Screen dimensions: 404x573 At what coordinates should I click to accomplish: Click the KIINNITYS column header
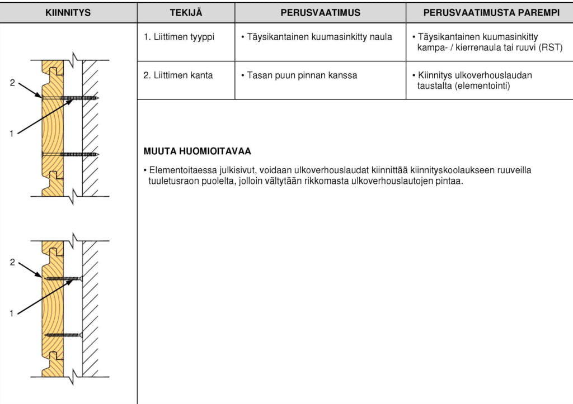tap(68, 12)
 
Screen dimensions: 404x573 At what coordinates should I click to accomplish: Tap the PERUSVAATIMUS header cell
tap(320, 12)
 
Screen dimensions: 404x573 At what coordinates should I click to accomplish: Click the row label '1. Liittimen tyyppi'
tap(179, 37)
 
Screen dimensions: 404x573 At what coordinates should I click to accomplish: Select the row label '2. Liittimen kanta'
tap(178, 75)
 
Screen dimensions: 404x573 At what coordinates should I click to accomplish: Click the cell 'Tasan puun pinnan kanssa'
tap(302, 75)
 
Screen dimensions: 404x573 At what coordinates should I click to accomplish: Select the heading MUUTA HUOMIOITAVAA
tap(198, 151)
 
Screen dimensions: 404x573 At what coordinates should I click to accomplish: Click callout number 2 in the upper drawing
tap(12, 83)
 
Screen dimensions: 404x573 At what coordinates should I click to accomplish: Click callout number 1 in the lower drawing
tap(12, 313)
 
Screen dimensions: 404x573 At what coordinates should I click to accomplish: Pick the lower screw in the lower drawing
tap(64, 335)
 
